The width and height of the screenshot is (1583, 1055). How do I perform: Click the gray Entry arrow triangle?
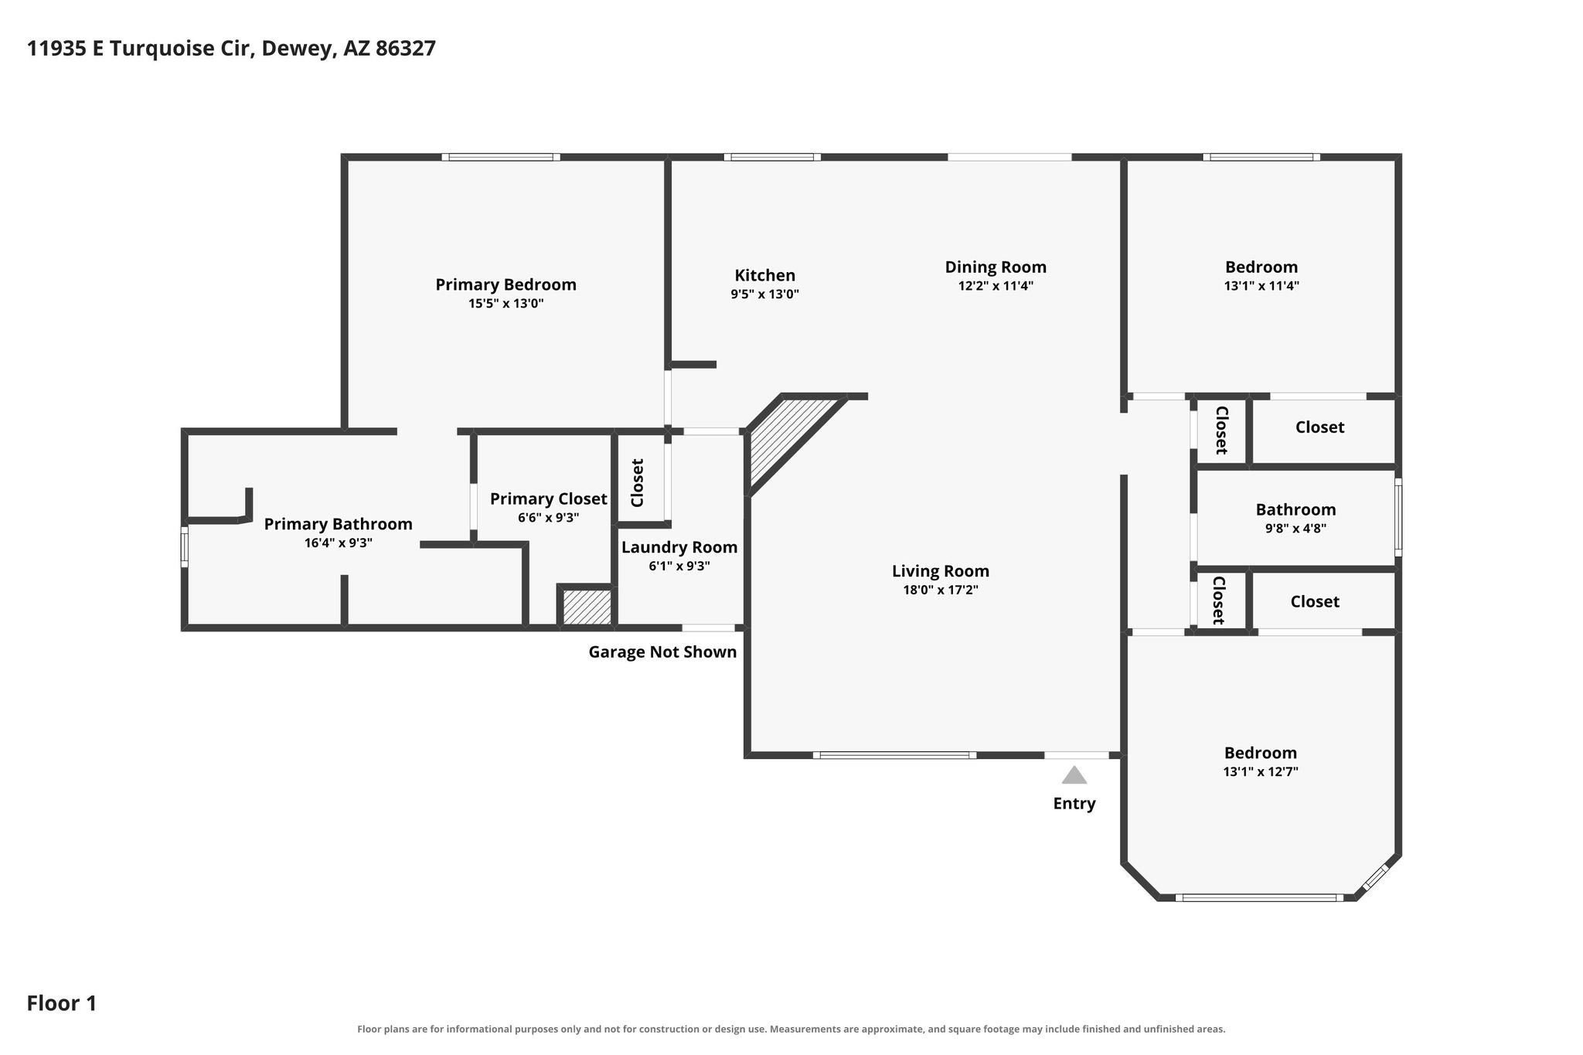click(1074, 775)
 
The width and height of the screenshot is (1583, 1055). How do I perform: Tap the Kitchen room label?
click(764, 275)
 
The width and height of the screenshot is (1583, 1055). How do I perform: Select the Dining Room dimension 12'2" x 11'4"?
click(996, 286)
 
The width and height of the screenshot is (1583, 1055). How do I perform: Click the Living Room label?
click(940, 571)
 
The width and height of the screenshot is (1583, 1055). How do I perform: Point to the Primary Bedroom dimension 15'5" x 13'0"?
click(506, 304)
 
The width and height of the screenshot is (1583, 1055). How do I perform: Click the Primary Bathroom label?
click(338, 524)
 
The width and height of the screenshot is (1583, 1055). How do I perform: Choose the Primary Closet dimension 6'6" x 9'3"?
click(548, 518)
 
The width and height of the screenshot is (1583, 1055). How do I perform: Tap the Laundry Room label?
click(679, 547)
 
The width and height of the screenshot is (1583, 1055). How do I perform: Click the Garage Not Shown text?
click(662, 652)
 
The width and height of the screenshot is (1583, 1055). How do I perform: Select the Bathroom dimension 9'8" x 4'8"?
click(1295, 529)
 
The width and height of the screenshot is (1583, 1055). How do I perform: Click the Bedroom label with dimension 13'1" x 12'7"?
click(1261, 753)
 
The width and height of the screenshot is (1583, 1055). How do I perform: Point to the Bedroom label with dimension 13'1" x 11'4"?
click(1261, 267)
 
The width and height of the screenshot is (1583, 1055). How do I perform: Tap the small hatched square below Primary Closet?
click(587, 607)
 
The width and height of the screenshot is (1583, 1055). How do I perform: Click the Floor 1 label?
click(62, 1004)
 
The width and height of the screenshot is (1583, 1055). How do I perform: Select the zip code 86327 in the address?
click(405, 49)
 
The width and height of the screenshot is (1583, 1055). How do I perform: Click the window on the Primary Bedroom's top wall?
click(501, 157)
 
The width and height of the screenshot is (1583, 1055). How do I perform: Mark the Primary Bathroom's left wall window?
click(184, 546)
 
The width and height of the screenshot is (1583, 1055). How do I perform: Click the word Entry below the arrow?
click(1074, 804)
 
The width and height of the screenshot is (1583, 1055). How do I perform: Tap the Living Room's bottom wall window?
click(894, 755)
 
